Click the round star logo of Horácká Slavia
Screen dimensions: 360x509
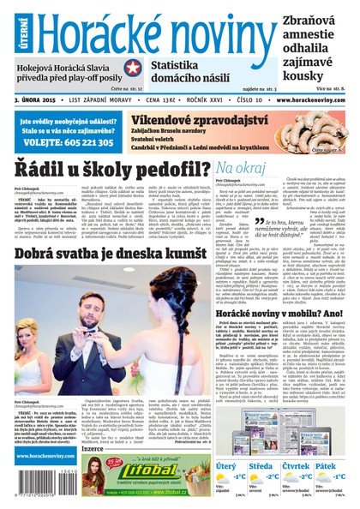point(133,68)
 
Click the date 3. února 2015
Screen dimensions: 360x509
point(39,99)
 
